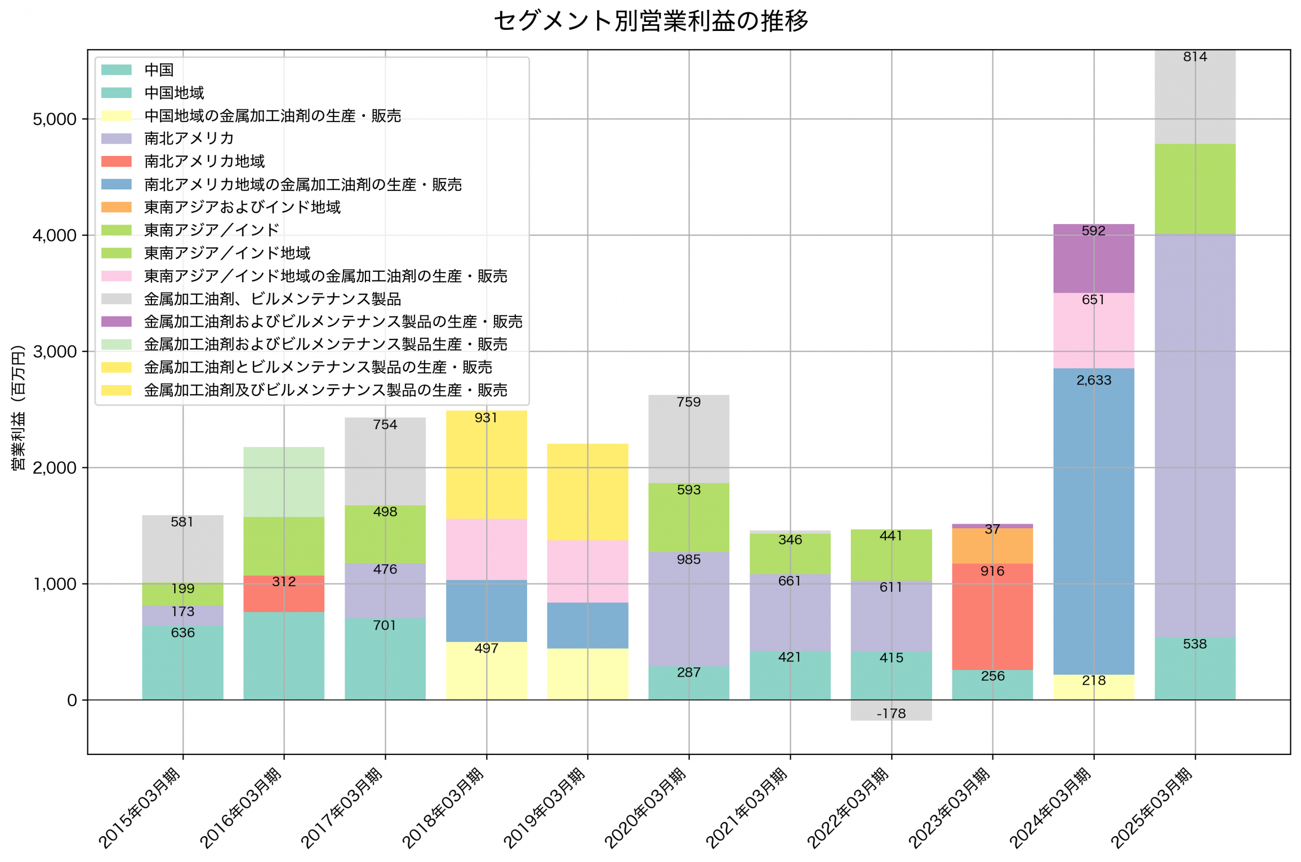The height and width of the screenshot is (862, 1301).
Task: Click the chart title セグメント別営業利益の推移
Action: (650, 21)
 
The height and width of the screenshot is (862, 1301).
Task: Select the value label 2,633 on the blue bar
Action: (1093, 380)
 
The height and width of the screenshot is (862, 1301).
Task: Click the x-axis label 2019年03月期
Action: (544, 808)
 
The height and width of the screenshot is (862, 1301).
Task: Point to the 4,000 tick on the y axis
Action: (55, 235)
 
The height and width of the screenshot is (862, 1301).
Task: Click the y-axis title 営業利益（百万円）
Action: (18, 407)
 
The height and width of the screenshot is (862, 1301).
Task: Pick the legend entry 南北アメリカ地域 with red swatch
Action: (204, 161)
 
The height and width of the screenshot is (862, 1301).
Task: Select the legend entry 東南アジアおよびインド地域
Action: (242, 207)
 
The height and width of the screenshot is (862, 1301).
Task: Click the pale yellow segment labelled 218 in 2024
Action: (1093, 687)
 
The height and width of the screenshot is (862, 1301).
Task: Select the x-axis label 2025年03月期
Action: (1151, 808)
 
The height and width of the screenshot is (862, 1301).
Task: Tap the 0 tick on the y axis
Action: (72, 700)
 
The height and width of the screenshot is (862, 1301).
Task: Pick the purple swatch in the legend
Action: (116, 322)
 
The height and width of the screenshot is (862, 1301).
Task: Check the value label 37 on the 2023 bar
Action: (992, 529)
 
